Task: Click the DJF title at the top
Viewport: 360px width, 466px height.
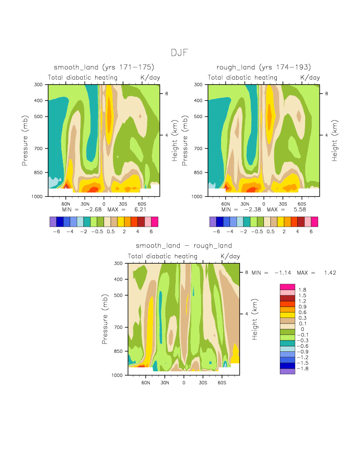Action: point(179,53)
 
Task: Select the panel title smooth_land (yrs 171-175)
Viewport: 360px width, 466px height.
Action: point(104,67)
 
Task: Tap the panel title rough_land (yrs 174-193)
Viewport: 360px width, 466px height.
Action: point(264,67)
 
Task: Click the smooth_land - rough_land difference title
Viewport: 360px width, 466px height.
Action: point(184,246)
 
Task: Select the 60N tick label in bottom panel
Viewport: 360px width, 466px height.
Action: point(146,382)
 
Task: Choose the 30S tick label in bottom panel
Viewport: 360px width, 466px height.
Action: point(202,382)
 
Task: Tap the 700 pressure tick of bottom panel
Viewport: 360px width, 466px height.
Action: point(119,327)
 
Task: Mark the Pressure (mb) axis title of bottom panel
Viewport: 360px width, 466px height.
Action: point(105,319)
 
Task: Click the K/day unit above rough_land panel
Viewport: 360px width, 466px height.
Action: point(310,78)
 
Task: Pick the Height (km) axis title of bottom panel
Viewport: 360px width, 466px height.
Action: point(254,319)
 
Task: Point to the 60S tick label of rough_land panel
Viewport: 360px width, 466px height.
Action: point(301,204)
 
